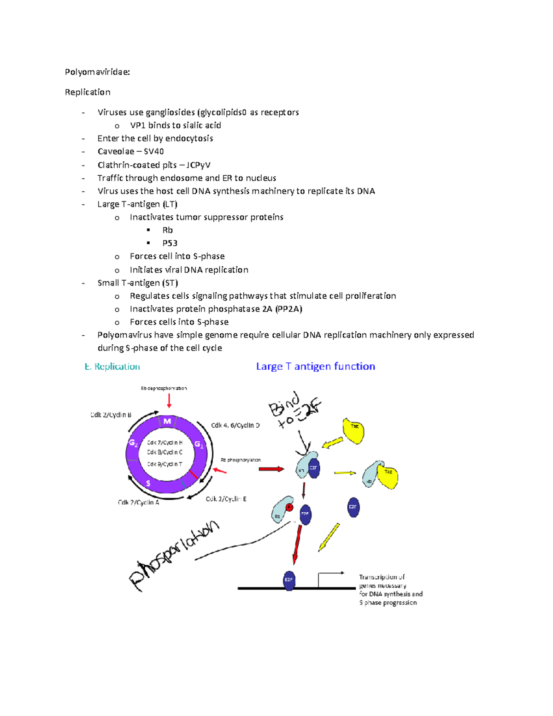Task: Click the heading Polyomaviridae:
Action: [97, 72]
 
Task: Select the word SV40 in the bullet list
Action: [153, 152]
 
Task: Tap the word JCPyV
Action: [198, 165]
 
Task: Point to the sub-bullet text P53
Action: [170, 243]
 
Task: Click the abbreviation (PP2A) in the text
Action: [288, 309]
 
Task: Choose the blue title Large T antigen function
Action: [315, 367]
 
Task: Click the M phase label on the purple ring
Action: [167, 421]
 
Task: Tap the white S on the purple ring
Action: [148, 483]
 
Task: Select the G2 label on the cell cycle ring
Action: [133, 443]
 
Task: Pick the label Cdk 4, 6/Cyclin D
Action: [235, 425]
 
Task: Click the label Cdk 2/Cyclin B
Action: [111, 415]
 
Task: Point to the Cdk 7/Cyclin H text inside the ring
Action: [165, 443]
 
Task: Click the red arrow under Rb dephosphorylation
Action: [169, 400]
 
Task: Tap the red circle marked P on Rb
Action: [289, 508]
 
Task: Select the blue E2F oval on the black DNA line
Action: [289, 580]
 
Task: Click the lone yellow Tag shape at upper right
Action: [354, 430]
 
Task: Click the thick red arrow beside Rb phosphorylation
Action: [271, 469]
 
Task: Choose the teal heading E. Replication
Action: [112, 367]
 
